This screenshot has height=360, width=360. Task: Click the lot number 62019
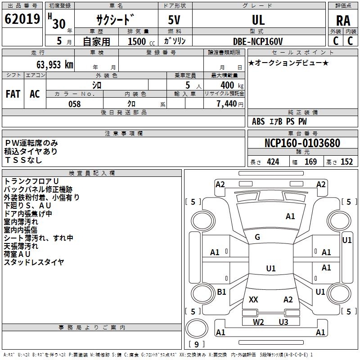point(22,19)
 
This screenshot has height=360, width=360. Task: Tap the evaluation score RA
point(343,20)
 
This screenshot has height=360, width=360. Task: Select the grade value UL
point(258,20)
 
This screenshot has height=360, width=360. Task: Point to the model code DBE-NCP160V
point(258,41)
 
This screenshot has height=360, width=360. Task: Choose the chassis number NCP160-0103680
point(302,144)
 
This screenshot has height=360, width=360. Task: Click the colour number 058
point(74,104)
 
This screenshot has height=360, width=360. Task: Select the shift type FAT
point(13,94)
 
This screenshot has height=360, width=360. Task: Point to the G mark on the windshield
point(257,237)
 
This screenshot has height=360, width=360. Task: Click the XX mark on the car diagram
point(253,299)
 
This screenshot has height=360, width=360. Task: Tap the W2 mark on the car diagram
point(258,322)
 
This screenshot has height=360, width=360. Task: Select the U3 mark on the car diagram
point(283,322)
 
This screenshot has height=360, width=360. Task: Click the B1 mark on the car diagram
point(221,292)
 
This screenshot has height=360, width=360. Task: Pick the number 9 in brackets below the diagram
point(197,345)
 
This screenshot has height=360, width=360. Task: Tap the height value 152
point(346,162)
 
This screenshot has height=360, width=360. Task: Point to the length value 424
point(273,162)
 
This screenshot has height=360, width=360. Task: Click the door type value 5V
point(175,20)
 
